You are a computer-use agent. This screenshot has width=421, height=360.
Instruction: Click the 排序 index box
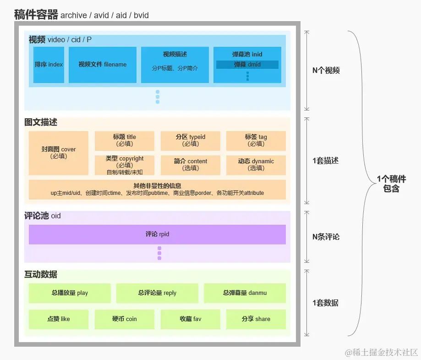click(x=49, y=65)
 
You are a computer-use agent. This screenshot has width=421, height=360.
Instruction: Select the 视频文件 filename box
click(x=102, y=65)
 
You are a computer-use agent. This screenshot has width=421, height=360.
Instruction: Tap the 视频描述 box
click(x=175, y=65)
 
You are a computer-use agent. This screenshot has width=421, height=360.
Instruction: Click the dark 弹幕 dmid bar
click(x=247, y=65)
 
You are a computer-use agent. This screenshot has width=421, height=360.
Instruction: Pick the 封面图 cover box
click(x=58, y=153)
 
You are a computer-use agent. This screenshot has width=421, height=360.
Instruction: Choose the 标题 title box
click(x=124, y=140)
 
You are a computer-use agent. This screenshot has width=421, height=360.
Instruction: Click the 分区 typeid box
click(x=190, y=140)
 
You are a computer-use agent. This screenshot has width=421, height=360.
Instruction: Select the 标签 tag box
click(x=256, y=140)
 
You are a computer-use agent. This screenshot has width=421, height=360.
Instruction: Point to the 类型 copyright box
click(x=124, y=165)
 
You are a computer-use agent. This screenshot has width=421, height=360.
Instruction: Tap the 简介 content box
click(x=190, y=165)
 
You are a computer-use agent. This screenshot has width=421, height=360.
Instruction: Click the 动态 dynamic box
click(x=256, y=165)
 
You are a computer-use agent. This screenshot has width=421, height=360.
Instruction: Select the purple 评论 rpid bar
click(x=157, y=234)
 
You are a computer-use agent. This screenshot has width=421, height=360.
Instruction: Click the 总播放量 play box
click(x=70, y=293)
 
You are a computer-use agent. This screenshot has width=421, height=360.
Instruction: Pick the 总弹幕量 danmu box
click(x=245, y=293)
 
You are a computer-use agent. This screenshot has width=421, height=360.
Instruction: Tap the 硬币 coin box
click(x=124, y=319)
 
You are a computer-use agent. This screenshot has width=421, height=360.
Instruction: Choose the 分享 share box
click(x=256, y=319)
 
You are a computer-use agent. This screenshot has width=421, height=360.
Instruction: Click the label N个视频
click(x=326, y=71)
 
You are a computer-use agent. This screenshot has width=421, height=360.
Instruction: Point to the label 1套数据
click(x=326, y=303)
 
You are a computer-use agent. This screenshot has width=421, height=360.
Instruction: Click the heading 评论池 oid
click(x=42, y=216)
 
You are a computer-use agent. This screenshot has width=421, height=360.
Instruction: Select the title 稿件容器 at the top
click(x=36, y=15)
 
